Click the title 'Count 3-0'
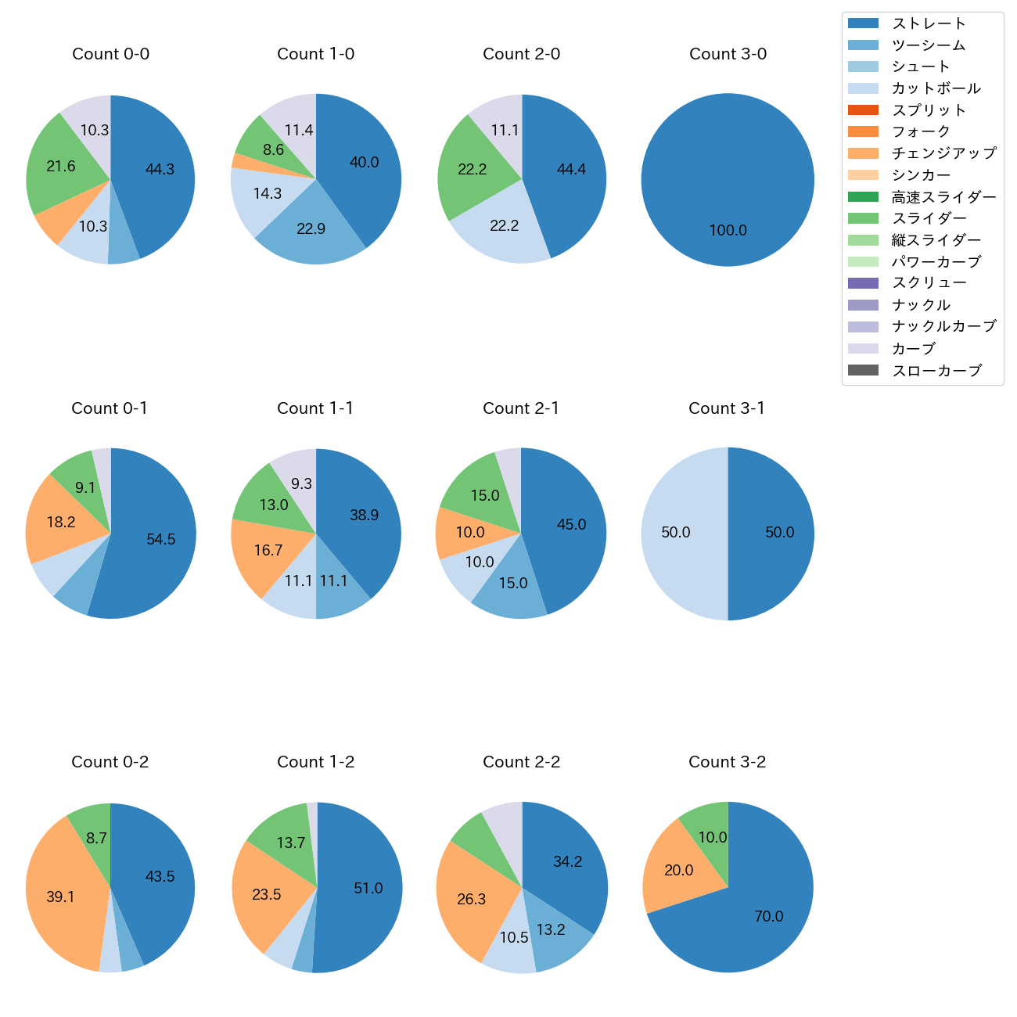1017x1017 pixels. pos(728,54)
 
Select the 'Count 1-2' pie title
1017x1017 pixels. pos(315,762)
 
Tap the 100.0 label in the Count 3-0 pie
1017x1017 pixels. pos(728,231)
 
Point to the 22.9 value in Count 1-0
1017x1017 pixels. pos(311,229)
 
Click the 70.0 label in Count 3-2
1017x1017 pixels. pos(768,917)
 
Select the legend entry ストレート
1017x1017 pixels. pos(929,23)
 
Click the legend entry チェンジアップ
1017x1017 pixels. pos(943,153)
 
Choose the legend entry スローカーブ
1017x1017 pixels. pos(936,371)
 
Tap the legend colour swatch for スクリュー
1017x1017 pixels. pos(863,283)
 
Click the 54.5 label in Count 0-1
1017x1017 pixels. pos(160,540)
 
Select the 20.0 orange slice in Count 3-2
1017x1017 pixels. pos(678,871)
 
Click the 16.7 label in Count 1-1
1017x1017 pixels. pos(268,551)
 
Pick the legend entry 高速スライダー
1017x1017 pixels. pos(943,197)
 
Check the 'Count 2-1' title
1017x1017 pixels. pos(521,408)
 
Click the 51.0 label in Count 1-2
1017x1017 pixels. pos(368,889)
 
